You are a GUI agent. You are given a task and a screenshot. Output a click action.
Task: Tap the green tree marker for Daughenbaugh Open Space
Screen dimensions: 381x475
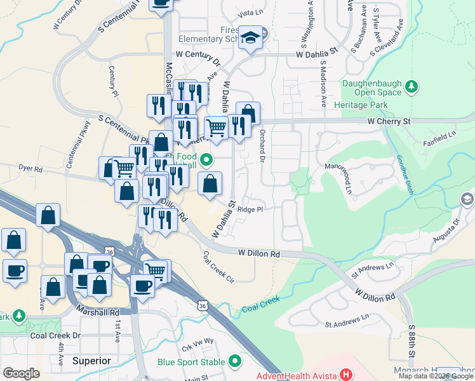tap(412, 86)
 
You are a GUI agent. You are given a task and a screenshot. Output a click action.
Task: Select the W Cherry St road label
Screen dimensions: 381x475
tap(389, 121)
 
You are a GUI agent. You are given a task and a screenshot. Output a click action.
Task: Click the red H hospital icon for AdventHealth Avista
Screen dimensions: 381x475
tap(346, 374)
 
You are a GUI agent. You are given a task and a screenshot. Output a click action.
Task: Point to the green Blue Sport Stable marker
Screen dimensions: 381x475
tap(236, 362)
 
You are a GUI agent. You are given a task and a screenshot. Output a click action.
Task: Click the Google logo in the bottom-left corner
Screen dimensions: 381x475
tap(21, 373)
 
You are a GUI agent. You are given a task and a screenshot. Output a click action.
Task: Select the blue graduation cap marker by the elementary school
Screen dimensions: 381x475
tap(251, 37)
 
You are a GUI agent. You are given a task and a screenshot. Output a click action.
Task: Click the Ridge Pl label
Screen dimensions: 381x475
tap(250, 209)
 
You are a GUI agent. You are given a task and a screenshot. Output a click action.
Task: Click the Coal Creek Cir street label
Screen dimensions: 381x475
tap(218, 266)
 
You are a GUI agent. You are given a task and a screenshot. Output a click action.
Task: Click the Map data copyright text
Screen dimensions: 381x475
tap(436, 376)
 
